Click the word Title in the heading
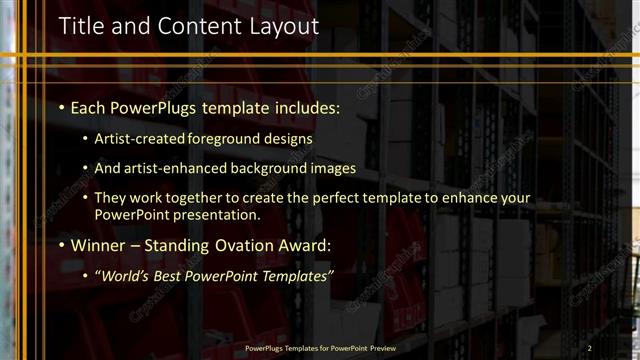tap(81, 27)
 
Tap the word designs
tap(286, 140)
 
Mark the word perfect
tap(330, 199)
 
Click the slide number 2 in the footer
tap(589, 348)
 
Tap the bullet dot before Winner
tap(62, 245)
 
